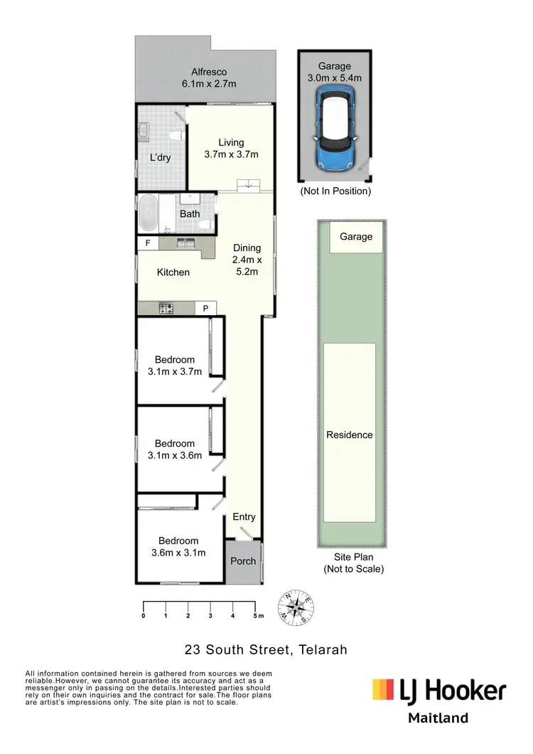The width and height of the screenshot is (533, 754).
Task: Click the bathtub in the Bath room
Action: coord(149,213)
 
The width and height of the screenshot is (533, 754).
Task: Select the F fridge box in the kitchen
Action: coord(148,243)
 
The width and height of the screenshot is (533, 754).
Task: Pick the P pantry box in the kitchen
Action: coord(205,308)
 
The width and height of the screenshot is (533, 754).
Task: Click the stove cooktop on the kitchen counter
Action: coord(167,308)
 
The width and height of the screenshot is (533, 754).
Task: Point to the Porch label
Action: coord(243,561)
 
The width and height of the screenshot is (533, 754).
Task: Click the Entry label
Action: coord(244,517)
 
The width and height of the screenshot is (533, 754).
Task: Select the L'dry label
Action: coord(160,157)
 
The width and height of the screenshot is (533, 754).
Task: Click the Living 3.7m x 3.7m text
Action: coord(231,149)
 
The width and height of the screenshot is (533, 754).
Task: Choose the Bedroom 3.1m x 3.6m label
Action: coord(175,450)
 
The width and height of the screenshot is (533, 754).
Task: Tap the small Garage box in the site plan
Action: coord(355,237)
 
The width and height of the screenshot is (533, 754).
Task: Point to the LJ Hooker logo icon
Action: coord(384,689)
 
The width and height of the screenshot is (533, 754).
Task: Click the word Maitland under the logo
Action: coord(438,718)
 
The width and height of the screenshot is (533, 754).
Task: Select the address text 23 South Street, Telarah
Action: coord(266,649)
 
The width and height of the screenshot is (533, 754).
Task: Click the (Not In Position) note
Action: coord(335,191)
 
